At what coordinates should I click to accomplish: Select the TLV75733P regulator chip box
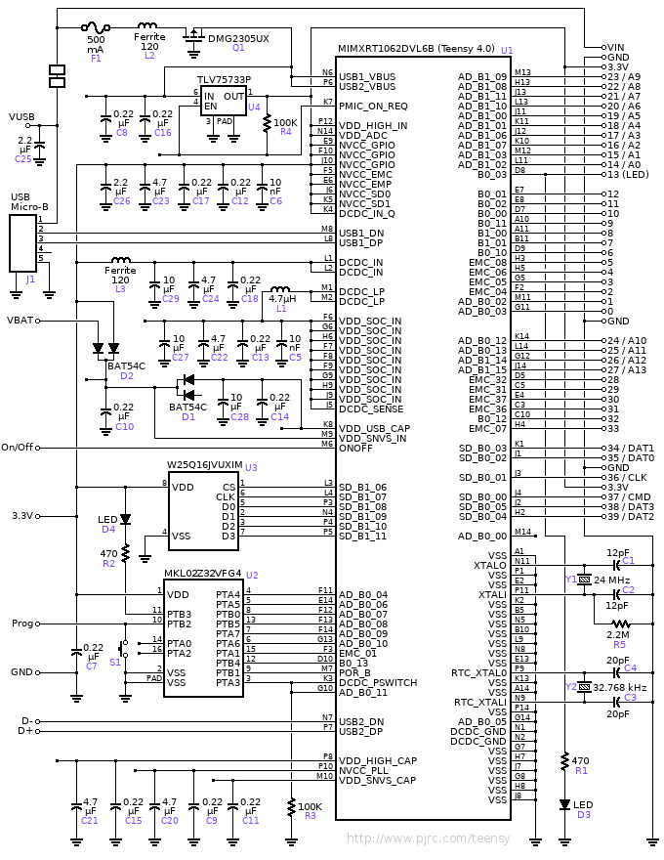(x=224, y=102)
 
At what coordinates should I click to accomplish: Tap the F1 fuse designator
(x=96, y=59)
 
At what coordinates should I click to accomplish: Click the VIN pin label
(x=615, y=47)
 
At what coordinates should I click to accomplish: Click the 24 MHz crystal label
(x=611, y=580)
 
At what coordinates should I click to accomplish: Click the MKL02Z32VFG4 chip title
(x=211, y=575)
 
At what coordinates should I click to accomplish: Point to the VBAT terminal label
(x=21, y=321)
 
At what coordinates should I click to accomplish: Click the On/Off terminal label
(x=17, y=448)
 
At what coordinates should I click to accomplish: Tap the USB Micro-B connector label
(x=24, y=201)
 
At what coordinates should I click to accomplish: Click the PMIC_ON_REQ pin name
(x=373, y=106)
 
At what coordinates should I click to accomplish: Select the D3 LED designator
(x=584, y=814)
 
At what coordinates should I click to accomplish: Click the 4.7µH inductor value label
(x=281, y=299)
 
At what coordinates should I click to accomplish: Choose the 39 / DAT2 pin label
(x=630, y=516)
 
